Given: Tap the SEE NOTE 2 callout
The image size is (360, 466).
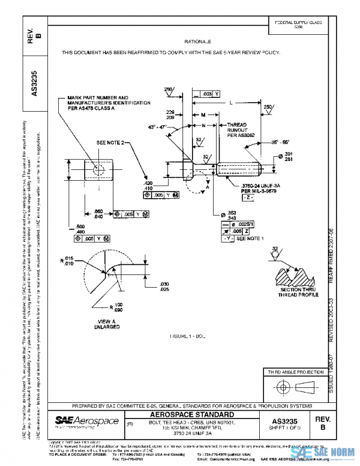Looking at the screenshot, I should click(110, 143).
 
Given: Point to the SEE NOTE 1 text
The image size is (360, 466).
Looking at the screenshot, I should click(250, 238).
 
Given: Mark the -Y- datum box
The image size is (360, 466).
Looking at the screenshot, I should click(228, 238).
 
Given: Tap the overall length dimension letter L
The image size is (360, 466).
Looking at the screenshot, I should click(231, 103).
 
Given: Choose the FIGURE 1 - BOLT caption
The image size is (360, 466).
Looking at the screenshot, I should click(187, 337).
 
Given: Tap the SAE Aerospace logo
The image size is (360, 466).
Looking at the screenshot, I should click(87, 422).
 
